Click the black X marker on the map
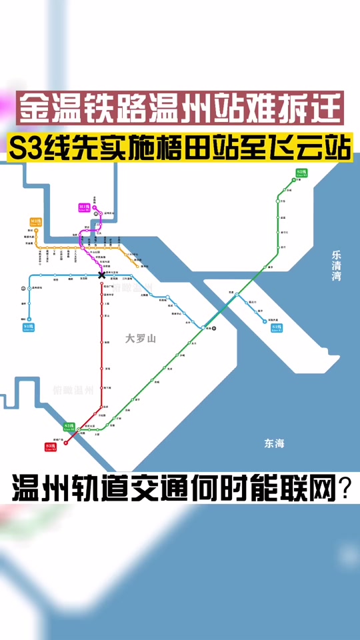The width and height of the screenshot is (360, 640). (x=101, y=275)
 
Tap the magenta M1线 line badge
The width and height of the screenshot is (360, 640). (x=84, y=208)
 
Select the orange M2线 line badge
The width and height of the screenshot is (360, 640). (x=35, y=221)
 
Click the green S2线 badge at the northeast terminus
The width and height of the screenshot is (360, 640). (x=301, y=173)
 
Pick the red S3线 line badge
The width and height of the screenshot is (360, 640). (x=50, y=447)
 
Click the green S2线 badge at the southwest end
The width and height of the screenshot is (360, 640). (x=69, y=426)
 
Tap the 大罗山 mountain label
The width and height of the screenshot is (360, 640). (x=140, y=339)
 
